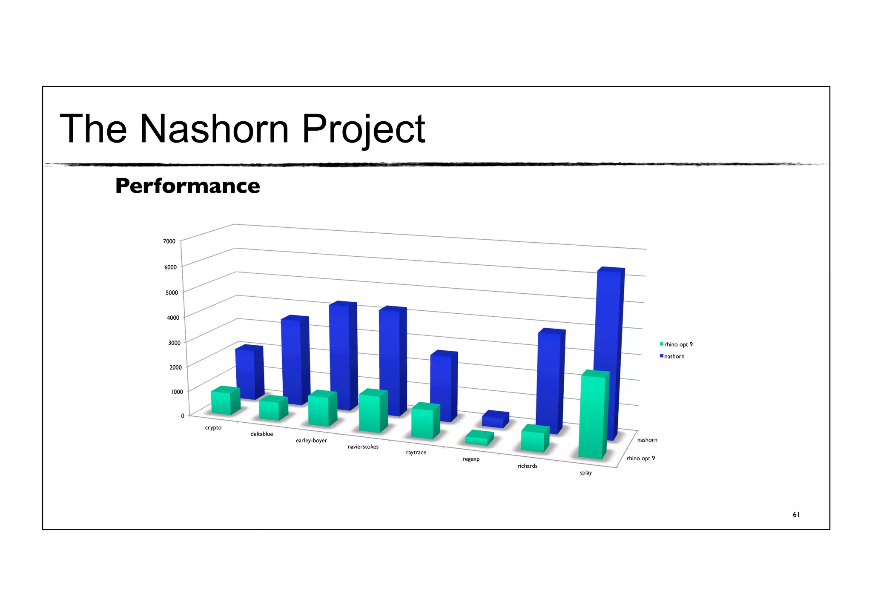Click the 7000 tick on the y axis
coord(169,241)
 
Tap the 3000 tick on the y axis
coord(174,343)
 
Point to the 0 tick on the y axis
coord(183,416)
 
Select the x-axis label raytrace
coord(416,453)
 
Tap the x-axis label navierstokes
coord(363,447)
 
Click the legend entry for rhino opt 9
coord(678,344)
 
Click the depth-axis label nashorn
coord(647,440)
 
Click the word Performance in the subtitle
coord(187,186)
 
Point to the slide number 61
coord(796,515)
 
